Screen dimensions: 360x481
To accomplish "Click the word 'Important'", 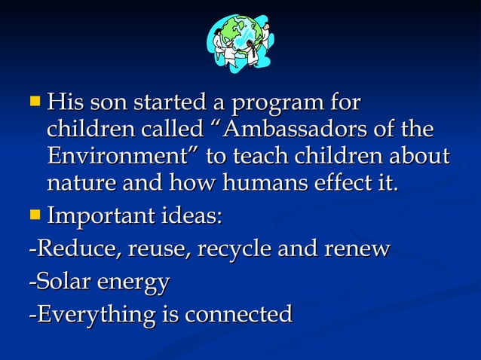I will (x=98, y=218).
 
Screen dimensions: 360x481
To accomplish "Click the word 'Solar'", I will (x=60, y=282).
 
